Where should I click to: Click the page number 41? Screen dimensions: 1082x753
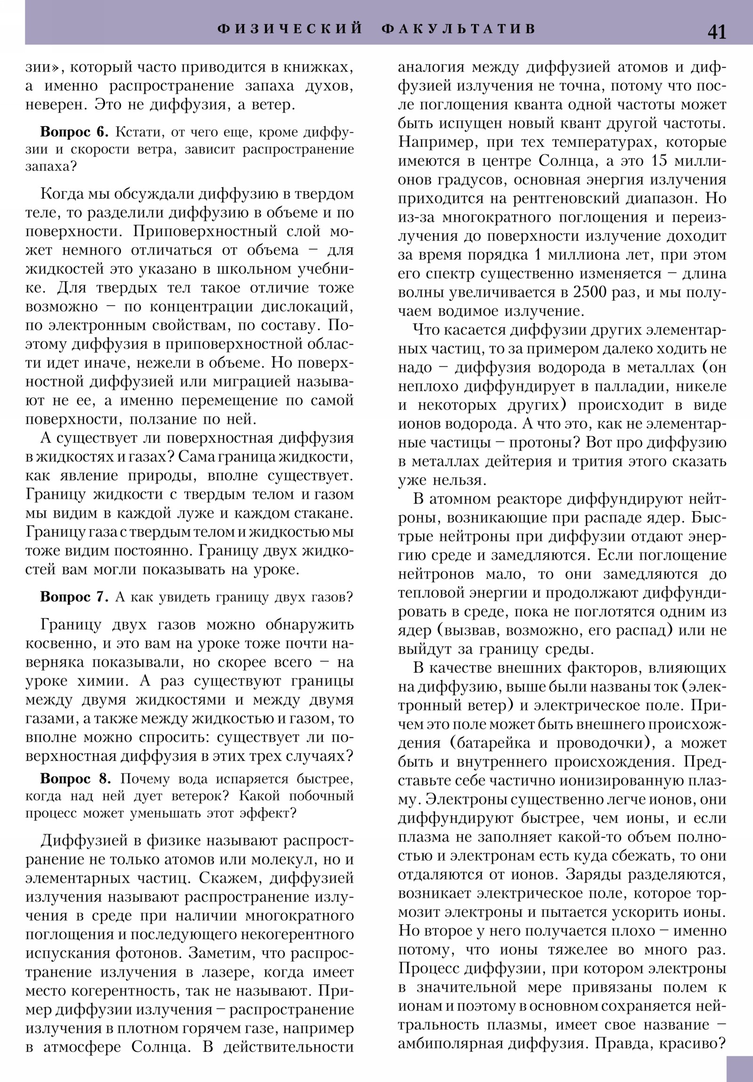pos(717,32)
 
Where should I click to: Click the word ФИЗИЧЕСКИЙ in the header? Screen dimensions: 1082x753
pos(290,29)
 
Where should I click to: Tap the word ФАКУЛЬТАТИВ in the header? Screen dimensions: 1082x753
pos(458,29)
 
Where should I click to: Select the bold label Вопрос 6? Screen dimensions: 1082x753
pos(74,132)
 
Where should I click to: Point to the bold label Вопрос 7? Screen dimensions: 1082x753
pos(74,597)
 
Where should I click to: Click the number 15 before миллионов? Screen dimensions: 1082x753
pos(659,161)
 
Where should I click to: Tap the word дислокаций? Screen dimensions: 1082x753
pos(306,307)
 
